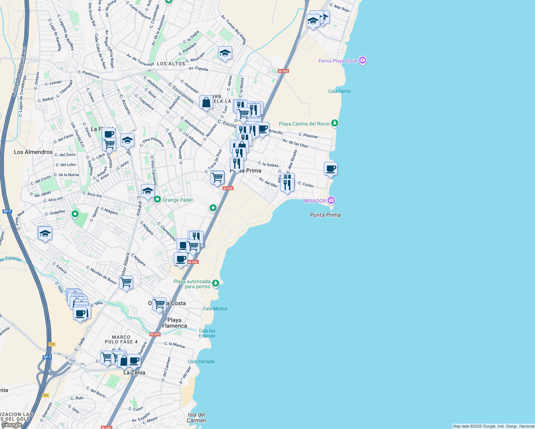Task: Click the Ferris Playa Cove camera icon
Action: pos(363,60)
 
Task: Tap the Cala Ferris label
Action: pos(339,91)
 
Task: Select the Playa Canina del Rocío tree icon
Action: pos(335,123)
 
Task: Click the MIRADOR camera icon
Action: pos(331,201)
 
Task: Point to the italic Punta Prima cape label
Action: pos(325,215)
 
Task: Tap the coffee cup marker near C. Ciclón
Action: pos(330,169)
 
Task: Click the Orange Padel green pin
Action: pos(157,199)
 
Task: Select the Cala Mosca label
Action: pos(215,309)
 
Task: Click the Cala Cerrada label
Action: pos(201,361)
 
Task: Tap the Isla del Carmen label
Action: pos(196,418)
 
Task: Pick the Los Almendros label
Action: pos(33,152)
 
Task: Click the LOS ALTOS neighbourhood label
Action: pos(171,64)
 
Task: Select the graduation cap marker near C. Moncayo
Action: pos(225,53)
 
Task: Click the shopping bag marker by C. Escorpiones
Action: pos(206,103)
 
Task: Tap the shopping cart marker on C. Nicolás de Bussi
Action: pos(126,282)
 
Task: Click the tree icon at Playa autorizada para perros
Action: pos(215,283)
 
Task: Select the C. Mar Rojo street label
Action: pos(339,8)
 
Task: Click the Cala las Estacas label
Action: pos(207,333)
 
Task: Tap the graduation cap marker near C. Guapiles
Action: pos(45,233)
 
